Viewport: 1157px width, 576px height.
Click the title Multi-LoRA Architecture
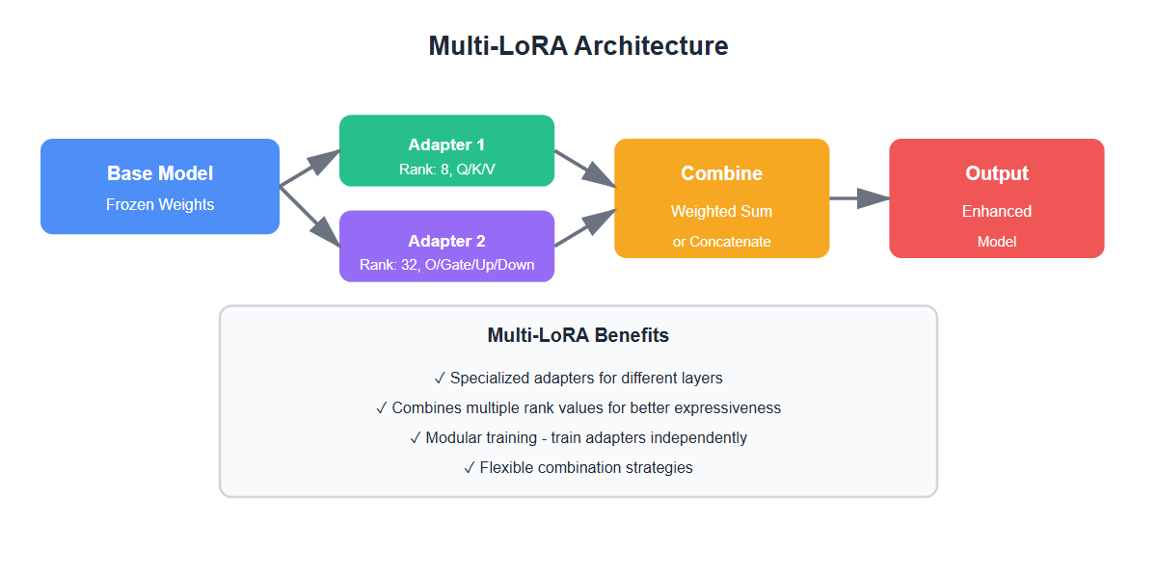578,46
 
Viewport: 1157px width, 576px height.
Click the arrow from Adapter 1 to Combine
584,168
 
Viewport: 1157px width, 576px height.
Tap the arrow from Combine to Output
858,198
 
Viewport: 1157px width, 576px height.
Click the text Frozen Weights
160,204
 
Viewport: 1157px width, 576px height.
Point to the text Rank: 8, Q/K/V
446,169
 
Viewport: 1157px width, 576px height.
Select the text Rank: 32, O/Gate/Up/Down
446,265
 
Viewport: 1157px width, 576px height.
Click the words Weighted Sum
721,211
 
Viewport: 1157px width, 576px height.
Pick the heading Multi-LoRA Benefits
578,336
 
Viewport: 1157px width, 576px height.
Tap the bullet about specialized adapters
578,378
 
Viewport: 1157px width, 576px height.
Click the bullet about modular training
578,437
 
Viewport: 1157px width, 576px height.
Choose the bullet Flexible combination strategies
578,467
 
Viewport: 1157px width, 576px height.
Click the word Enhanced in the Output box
997,211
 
